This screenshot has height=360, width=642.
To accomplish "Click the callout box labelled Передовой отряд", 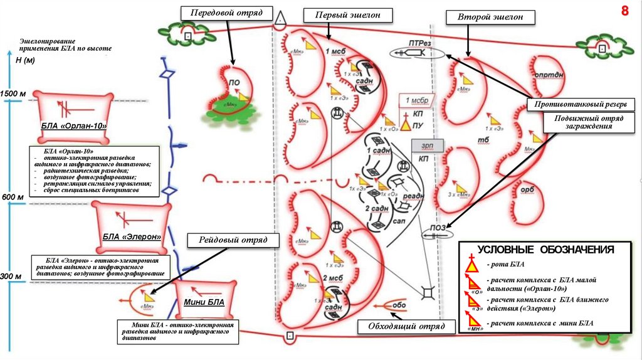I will click(x=226, y=12).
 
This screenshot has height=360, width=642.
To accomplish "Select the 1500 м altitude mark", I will click(x=13, y=93).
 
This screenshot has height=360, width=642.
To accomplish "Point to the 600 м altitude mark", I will click(x=13, y=197).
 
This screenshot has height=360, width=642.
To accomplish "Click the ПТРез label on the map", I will click(x=420, y=43).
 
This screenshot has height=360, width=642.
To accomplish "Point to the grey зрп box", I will click(x=427, y=145).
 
